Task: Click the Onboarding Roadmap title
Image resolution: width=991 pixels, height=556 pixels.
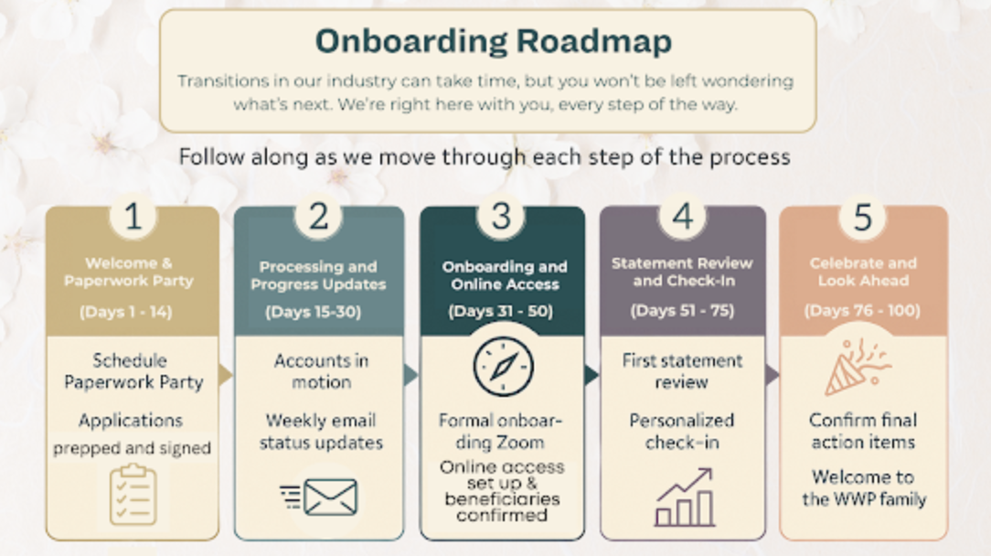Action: pos(493,41)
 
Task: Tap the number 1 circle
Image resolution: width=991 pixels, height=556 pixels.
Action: pos(133,218)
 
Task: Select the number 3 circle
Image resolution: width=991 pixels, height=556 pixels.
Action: pos(501,218)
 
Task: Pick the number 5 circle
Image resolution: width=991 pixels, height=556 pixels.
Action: pos(862,218)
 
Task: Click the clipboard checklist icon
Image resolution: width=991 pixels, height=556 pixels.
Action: pos(133,495)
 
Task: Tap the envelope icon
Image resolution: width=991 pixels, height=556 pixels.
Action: pos(319,497)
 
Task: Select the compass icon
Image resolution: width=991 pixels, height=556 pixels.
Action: pos(502,367)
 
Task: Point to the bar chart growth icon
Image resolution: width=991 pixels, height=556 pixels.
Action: pos(683,497)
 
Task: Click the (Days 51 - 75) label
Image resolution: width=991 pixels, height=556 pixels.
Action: pos(682,310)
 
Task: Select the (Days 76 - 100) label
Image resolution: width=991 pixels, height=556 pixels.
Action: pos(862,311)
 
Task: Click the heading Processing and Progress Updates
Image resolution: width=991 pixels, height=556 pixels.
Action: pos(318,275)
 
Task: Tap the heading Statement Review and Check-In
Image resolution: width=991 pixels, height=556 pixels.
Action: pos(682,272)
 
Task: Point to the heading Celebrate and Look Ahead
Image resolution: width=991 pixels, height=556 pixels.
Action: pos(862,272)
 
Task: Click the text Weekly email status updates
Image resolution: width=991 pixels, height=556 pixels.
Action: pos(320,432)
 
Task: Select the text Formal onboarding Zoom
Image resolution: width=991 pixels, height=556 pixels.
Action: pos(500,431)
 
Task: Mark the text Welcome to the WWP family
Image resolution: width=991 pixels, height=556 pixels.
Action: pos(864,487)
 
